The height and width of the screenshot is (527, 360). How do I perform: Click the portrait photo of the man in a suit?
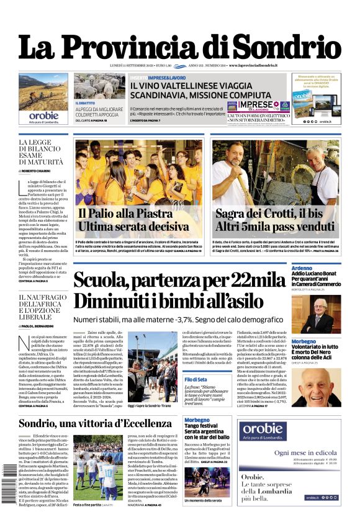[x=325, y=314]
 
